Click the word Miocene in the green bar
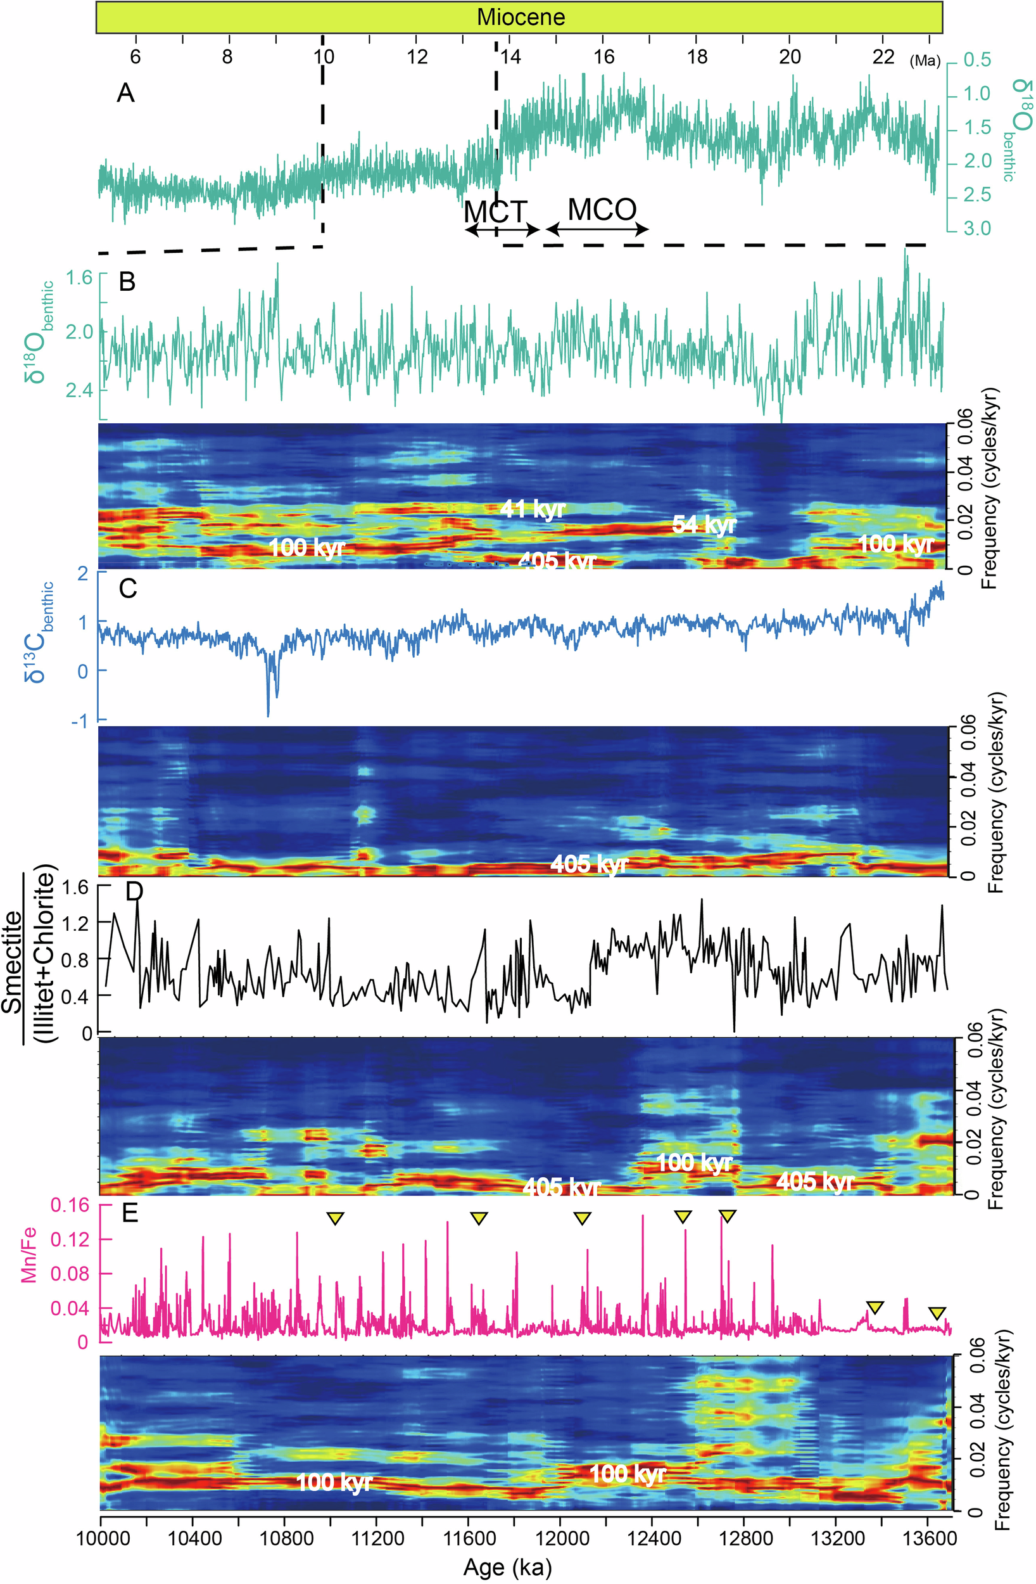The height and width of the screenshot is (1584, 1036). click(521, 16)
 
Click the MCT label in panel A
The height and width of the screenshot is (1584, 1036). click(495, 212)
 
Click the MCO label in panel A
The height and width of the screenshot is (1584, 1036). click(602, 210)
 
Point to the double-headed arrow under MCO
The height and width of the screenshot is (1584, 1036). click(597, 229)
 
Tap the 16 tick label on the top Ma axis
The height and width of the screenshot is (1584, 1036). click(603, 56)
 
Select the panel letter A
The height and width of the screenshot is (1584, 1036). click(125, 93)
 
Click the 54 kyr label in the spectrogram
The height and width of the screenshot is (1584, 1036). click(704, 525)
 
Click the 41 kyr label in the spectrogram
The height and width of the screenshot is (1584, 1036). click(533, 509)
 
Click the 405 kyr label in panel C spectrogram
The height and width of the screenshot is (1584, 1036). click(589, 864)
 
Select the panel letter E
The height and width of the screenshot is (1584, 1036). click(130, 1213)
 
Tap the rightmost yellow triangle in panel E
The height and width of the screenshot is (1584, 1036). click(937, 1313)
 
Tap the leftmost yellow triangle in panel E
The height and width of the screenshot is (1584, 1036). click(336, 1218)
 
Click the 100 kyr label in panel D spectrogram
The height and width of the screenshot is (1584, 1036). click(694, 1163)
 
